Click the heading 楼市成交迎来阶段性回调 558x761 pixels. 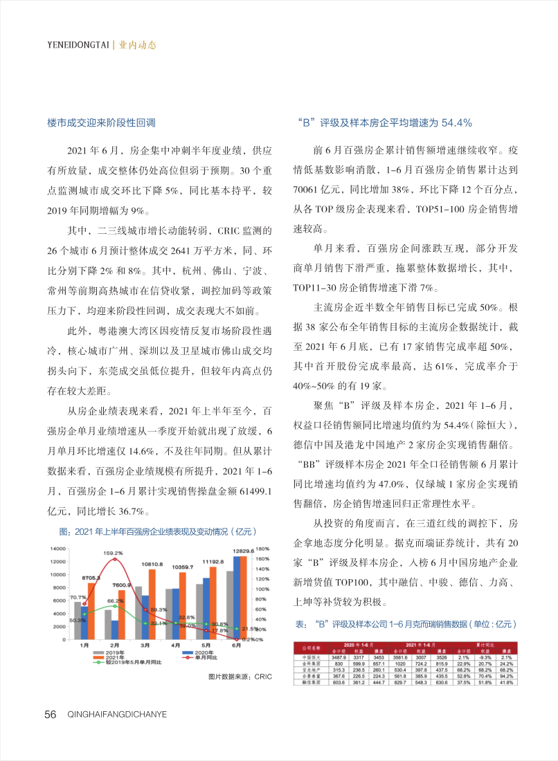point(101,122)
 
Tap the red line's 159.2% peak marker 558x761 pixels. point(114,560)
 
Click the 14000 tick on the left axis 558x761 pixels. point(57,549)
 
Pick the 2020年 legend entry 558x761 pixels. point(201,652)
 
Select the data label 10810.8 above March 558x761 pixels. point(153,565)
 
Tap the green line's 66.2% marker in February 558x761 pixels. point(115,606)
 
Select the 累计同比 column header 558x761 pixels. point(486,645)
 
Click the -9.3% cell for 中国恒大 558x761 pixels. point(486,656)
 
